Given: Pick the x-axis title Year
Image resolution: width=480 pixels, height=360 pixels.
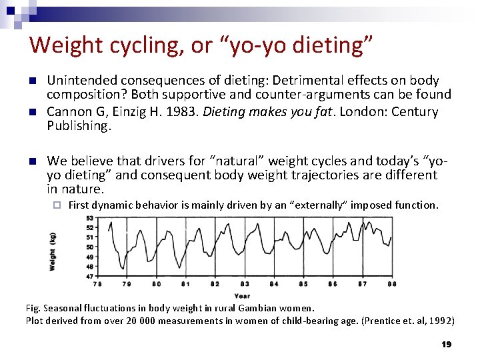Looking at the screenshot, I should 243,295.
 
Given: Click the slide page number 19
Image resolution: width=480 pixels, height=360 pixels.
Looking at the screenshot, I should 446,344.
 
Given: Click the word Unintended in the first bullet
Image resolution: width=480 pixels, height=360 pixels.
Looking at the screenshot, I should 83,80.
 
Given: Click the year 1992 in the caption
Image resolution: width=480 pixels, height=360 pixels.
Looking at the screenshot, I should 441,321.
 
